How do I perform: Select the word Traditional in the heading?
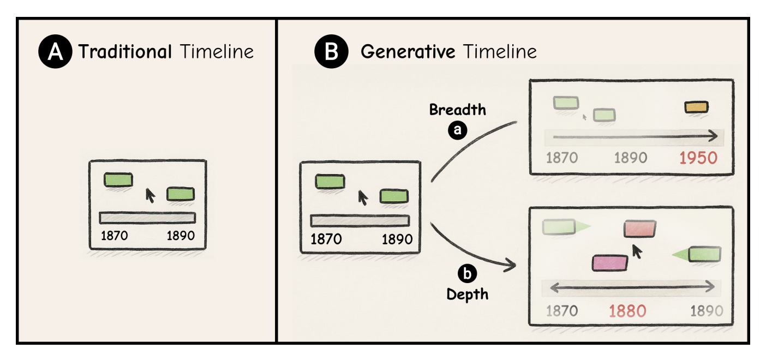pyautogui.click(x=125, y=52)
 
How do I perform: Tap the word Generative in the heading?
pyautogui.click(x=408, y=52)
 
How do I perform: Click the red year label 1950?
pyautogui.click(x=698, y=158)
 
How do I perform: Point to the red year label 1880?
pyautogui.click(x=627, y=311)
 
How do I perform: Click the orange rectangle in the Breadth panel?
pyautogui.click(x=696, y=107)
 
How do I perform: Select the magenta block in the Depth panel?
pyautogui.click(x=610, y=263)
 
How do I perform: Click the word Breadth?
pyautogui.click(x=457, y=110)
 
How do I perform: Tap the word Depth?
pyautogui.click(x=467, y=295)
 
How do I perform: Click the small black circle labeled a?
pyautogui.click(x=457, y=130)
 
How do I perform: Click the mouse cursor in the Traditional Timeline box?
pyautogui.click(x=149, y=195)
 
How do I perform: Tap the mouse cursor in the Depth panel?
pyautogui.click(x=637, y=251)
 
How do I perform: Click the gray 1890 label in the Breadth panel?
pyautogui.click(x=630, y=158)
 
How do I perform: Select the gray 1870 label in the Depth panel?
pyautogui.click(x=561, y=311)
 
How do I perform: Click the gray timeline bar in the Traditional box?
pyautogui.click(x=147, y=218)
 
